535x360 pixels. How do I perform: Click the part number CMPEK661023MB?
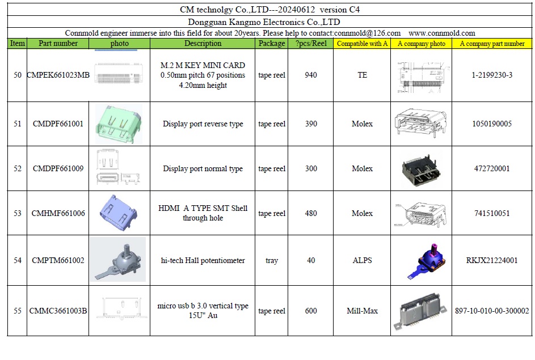58,75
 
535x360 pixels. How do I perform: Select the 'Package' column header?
272,43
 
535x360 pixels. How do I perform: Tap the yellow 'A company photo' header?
422,44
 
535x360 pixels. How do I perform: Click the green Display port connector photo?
119,124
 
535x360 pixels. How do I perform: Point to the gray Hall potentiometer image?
117,260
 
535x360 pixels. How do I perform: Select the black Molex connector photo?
421,170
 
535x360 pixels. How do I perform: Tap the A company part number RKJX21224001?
492,260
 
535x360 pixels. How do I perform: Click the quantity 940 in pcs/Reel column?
311,75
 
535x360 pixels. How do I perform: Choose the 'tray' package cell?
272,261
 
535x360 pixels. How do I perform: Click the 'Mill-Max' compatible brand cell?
362,311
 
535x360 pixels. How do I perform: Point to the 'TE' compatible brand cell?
363,75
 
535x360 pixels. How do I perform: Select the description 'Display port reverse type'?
203,124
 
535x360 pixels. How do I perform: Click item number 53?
18,213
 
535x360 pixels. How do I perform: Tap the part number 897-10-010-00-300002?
492,311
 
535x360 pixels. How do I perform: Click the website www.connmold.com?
442,33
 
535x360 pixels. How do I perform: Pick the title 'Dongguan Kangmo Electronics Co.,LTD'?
264,22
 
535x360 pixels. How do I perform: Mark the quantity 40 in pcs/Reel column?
311,260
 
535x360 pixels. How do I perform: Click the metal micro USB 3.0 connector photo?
420,311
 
